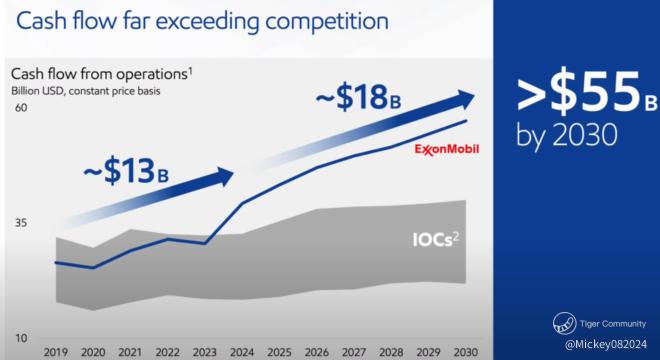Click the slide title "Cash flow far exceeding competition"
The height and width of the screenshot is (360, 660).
coord(202,22)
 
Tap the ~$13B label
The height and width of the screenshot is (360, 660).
coord(126,172)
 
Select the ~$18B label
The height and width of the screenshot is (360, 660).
coord(358,98)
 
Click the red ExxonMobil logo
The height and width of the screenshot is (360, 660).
coord(447,149)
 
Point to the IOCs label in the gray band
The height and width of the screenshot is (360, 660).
coord(436,239)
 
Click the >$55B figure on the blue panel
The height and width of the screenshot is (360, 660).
coord(587,96)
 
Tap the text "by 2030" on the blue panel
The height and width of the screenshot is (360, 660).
coord(567,135)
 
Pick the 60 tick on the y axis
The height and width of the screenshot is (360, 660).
coord(21,108)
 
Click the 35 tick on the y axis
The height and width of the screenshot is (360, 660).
coord(21,223)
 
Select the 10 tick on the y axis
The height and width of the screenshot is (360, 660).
coord(21,338)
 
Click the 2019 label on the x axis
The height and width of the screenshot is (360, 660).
coord(56,352)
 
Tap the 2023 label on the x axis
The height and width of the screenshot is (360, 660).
coord(205,352)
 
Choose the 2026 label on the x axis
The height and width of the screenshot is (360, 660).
coord(317,352)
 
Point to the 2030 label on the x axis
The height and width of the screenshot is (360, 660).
coord(466,352)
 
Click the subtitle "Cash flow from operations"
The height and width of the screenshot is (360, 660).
coord(99,74)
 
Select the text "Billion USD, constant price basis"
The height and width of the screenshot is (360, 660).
coord(85,91)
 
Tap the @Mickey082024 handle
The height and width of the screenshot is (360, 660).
coord(606,344)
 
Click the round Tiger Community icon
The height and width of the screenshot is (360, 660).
coord(564,323)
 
